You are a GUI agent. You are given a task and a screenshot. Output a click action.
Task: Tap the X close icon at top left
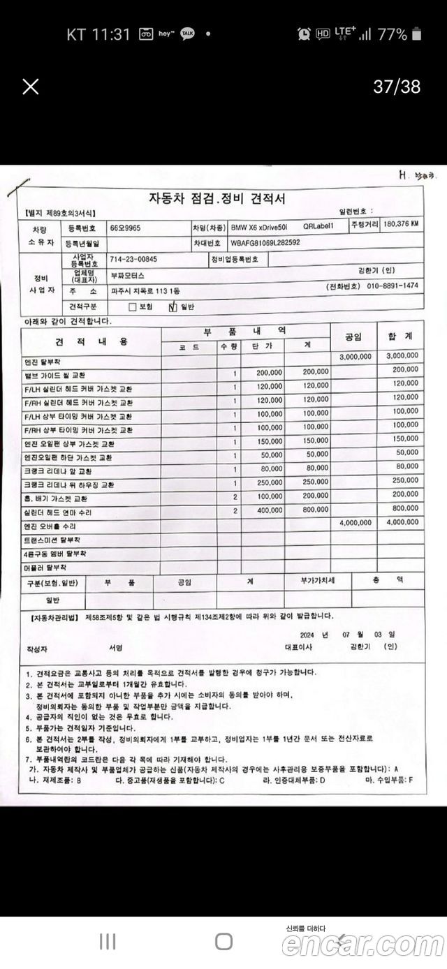tap(31, 87)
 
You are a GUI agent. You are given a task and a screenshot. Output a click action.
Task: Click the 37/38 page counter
tap(397, 87)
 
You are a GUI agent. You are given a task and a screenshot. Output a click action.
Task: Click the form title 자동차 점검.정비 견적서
tap(217, 199)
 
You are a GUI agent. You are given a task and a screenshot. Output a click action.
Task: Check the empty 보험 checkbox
tap(132, 306)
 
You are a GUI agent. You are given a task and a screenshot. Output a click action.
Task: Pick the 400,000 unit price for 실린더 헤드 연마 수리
tap(269, 510)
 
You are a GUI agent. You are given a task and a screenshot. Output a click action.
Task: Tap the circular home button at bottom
tap(223, 942)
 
